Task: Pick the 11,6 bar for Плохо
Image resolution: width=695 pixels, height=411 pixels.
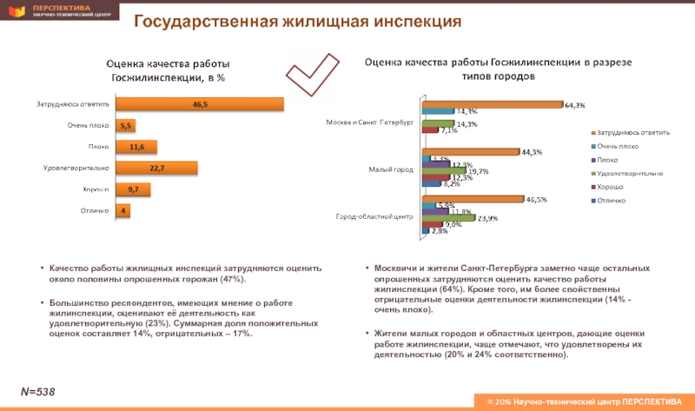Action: (136, 146)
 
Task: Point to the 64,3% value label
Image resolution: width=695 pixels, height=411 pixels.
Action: (574, 106)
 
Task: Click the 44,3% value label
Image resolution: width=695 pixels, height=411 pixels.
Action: (532, 153)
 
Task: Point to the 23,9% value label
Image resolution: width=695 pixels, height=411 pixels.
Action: (486, 218)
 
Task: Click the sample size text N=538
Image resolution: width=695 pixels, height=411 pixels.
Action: (39, 393)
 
